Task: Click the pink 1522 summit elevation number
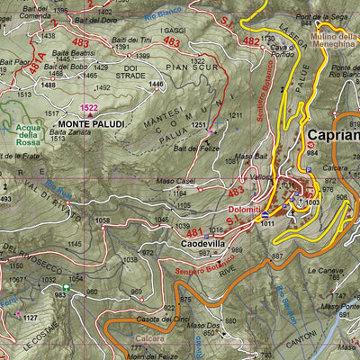point(90,107)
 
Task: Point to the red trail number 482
point(251,41)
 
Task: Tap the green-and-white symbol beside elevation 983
point(66,289)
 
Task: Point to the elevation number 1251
point(199,125)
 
